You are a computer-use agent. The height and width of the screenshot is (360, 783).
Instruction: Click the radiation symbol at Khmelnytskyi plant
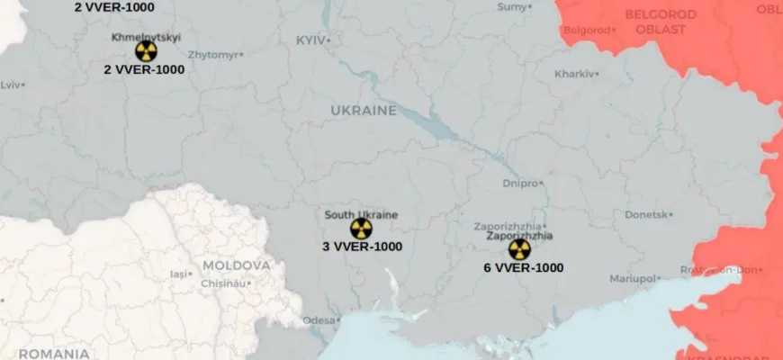click(x=146, y=51)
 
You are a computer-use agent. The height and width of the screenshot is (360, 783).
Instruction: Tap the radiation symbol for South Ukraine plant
click(x=361, y=229)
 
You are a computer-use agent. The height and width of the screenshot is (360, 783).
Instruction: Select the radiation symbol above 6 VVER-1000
click(x=519, y=250)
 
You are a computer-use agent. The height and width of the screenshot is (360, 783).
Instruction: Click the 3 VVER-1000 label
click(x=362, y=246)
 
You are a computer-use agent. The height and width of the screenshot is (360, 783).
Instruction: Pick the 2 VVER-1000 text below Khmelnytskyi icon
click(x=144, y=69)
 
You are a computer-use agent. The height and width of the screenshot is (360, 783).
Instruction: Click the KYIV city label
click(x=311, y=40)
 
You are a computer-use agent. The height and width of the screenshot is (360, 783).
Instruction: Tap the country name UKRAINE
click(x=364, y=110)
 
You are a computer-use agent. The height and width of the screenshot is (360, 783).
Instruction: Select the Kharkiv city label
click(x=575, y=74)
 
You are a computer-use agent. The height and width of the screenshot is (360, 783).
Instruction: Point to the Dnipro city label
click(x=520, y=183)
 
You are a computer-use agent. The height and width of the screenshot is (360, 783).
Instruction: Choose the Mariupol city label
click(x=633, y=279)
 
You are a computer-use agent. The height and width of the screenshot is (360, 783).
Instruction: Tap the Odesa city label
click(x=319, y=319)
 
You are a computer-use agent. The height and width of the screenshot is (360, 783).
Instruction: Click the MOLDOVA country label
click(x=236, y=265)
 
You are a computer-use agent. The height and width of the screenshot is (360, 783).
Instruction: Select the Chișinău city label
click(x=222, y=283)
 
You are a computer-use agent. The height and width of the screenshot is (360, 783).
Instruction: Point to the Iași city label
click(x=179, y=274)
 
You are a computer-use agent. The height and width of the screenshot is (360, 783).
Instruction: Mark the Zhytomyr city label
click(x=214, y=55)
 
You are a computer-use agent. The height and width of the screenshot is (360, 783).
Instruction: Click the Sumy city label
click(x=511, y=7)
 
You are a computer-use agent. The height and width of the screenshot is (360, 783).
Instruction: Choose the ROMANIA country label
click(x=53, y=354)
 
